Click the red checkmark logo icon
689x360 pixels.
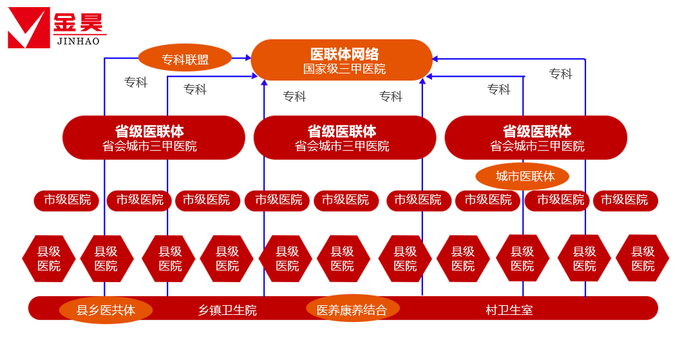28,27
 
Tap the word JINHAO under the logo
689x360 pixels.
78,41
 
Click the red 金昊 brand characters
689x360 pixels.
78,22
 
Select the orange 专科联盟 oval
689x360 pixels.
185,58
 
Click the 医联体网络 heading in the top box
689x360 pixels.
344,54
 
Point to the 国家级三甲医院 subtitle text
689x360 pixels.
344,69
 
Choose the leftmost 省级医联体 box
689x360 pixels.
154,138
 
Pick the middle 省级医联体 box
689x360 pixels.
345,138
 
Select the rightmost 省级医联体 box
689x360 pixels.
536,138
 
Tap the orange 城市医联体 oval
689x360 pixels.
522,176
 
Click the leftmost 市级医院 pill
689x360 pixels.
66,200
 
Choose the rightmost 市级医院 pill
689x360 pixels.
625,200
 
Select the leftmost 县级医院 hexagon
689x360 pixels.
49,258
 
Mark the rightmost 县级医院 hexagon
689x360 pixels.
643,258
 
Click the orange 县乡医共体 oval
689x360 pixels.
106,310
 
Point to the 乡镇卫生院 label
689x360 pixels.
227,310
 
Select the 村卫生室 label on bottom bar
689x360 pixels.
509,310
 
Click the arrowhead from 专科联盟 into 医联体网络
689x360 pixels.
248,57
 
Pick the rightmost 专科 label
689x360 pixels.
561,74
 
